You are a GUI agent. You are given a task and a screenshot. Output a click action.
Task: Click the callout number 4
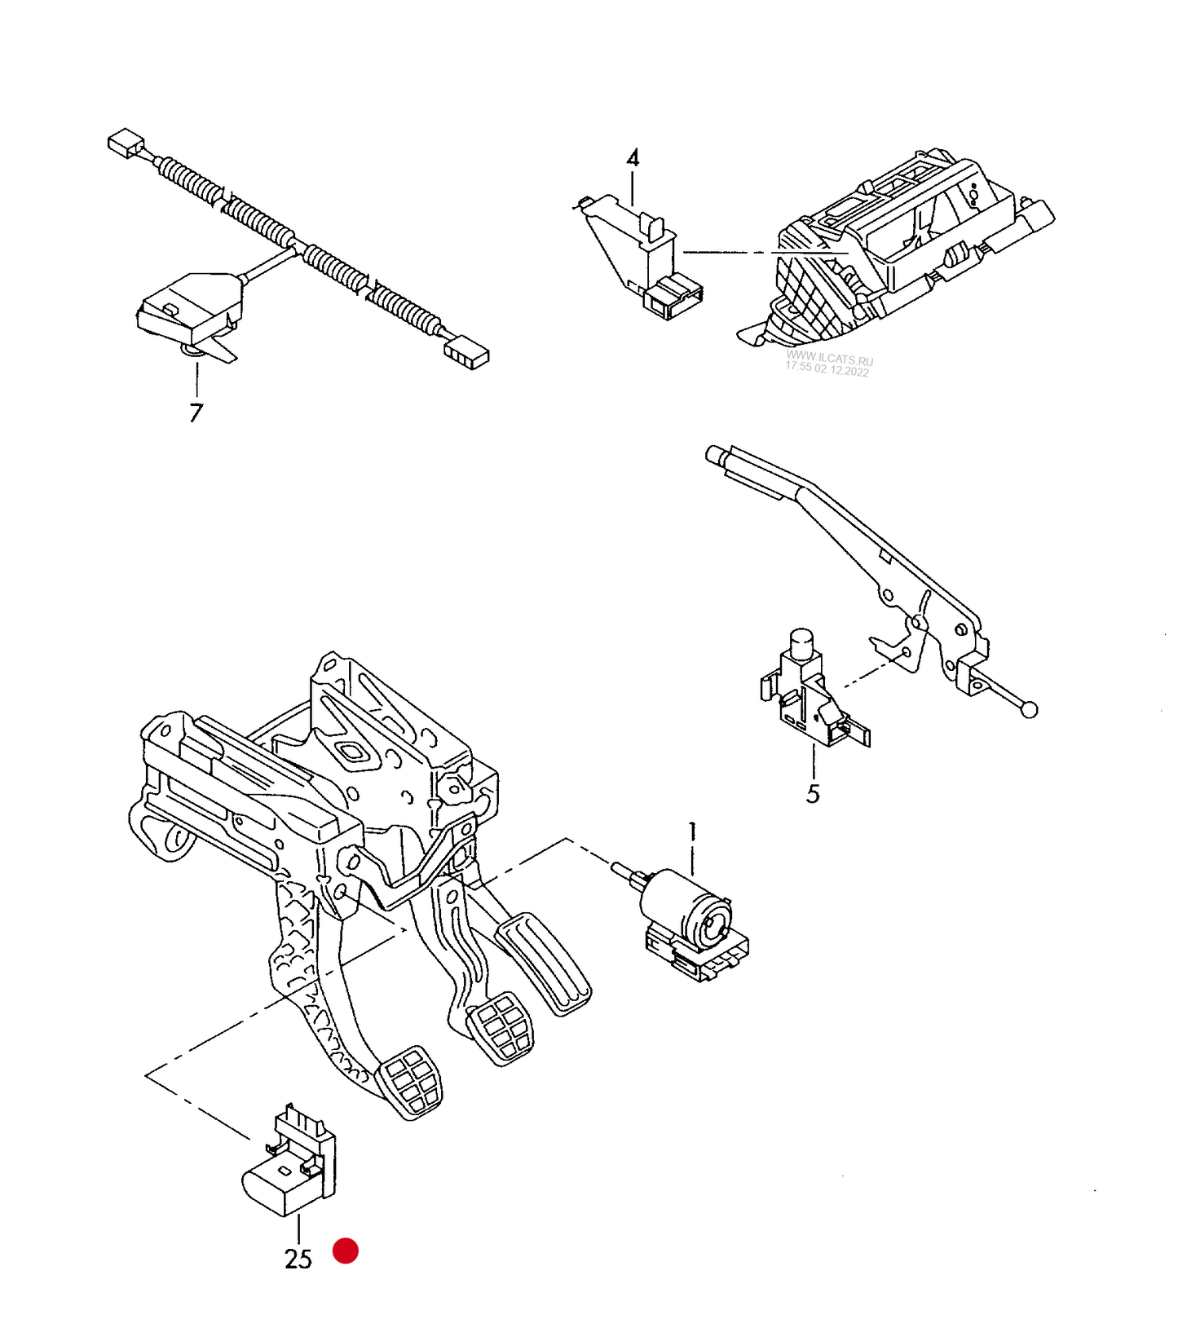coord(633,158)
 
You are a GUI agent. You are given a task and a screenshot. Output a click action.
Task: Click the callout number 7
coord(196,412)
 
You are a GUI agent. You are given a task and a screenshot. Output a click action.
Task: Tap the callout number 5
coord(813,793)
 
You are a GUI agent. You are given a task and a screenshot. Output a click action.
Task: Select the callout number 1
coord(693,832)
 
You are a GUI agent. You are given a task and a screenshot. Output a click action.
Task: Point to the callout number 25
coord(298,1259)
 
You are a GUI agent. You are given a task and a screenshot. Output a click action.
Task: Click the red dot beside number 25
coord(346,1251)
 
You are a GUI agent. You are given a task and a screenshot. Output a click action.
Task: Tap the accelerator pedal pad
coord(545,963)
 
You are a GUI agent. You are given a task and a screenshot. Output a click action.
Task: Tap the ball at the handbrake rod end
coord(1030,710)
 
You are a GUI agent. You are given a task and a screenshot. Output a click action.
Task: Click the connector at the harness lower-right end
coord(466,353)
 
